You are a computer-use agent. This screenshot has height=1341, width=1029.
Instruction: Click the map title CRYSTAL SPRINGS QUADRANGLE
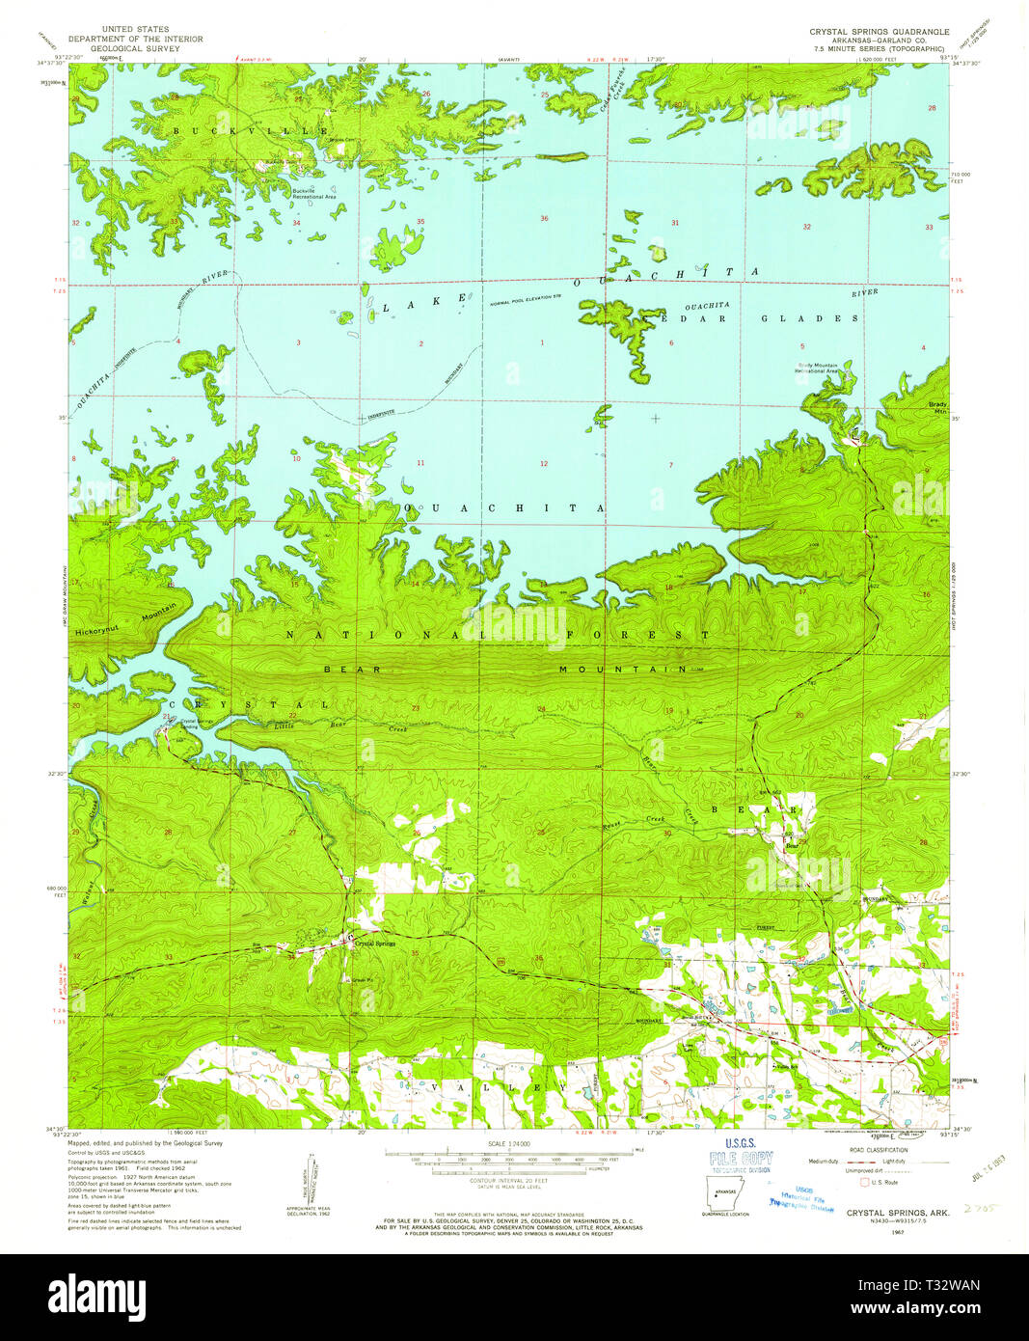879,32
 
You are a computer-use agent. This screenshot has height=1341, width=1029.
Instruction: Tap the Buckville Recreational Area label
314,193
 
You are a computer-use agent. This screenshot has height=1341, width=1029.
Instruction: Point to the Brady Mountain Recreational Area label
817,368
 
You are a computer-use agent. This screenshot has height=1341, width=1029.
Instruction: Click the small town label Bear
792,846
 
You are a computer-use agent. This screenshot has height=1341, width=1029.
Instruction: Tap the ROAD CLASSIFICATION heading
879,1150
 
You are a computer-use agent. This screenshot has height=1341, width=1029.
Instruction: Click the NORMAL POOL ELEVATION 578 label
525,296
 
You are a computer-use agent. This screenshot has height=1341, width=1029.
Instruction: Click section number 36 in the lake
544,218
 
